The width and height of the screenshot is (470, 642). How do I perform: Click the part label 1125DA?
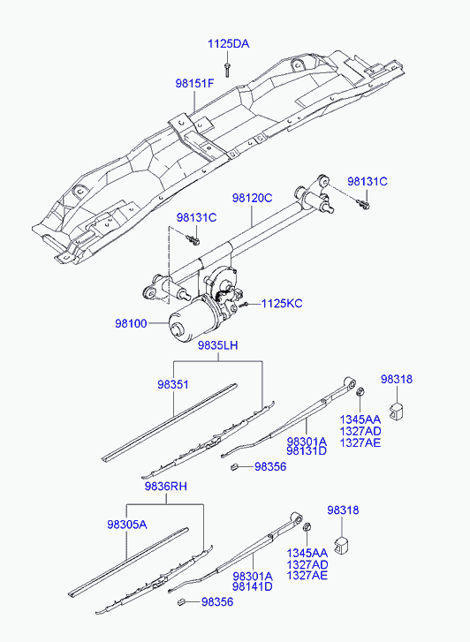click(x=228, y=44)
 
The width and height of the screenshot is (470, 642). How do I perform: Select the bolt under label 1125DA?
click(x=227, y=69)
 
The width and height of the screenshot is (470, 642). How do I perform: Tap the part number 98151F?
click(x=194, y=84)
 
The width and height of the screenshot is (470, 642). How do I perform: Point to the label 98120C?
click(x=252, y=198)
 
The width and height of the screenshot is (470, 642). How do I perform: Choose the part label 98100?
click(x=131, y=323)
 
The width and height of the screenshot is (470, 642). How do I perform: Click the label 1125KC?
click(x=282, y=304)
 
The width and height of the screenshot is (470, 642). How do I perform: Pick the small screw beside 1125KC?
click(x=245, y=304)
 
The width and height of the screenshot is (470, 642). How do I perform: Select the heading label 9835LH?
click(x=217, y=345)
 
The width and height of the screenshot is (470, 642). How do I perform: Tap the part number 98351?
click(x=173, y=385)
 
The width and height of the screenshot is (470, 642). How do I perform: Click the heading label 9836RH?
click(x=165, y=487)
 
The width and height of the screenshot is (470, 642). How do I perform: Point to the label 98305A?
click(x=127, y=525)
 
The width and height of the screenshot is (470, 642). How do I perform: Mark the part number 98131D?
click(x=307, y=451)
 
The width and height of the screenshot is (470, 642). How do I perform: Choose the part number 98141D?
click(x=253, y=586)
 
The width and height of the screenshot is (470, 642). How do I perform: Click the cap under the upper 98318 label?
click(x=396, y=412)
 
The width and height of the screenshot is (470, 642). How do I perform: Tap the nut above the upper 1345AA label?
click(x=360, y=391)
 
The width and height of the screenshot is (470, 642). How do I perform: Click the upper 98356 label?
click(x=270, y=467)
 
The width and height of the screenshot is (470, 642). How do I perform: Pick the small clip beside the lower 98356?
click(x=181, y=601)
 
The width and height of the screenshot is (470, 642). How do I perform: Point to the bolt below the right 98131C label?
click(x=363, y=203)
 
